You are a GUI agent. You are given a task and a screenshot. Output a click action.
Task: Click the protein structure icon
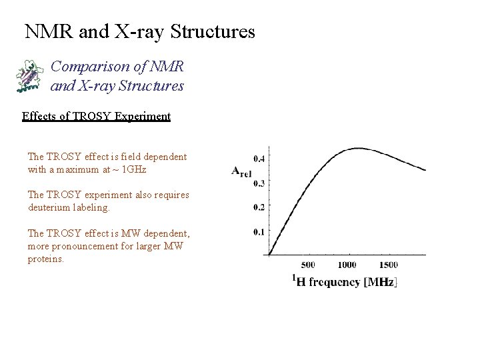click(29, 75)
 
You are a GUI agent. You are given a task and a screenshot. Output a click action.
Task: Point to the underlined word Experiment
click(143, 117)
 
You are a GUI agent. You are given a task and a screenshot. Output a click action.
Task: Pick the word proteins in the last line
click(45, 259)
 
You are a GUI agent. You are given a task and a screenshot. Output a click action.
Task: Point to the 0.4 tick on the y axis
click(259, 159)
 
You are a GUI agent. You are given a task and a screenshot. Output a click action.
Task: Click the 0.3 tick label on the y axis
click(259, 183)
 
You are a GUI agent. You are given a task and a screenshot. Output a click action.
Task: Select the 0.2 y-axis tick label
click(259, 207)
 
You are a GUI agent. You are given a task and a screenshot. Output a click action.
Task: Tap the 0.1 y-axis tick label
click(259, 232)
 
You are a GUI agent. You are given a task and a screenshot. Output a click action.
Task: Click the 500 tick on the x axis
click(308, 265)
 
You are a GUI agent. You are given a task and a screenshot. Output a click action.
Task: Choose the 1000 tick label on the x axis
click(347, 265)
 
